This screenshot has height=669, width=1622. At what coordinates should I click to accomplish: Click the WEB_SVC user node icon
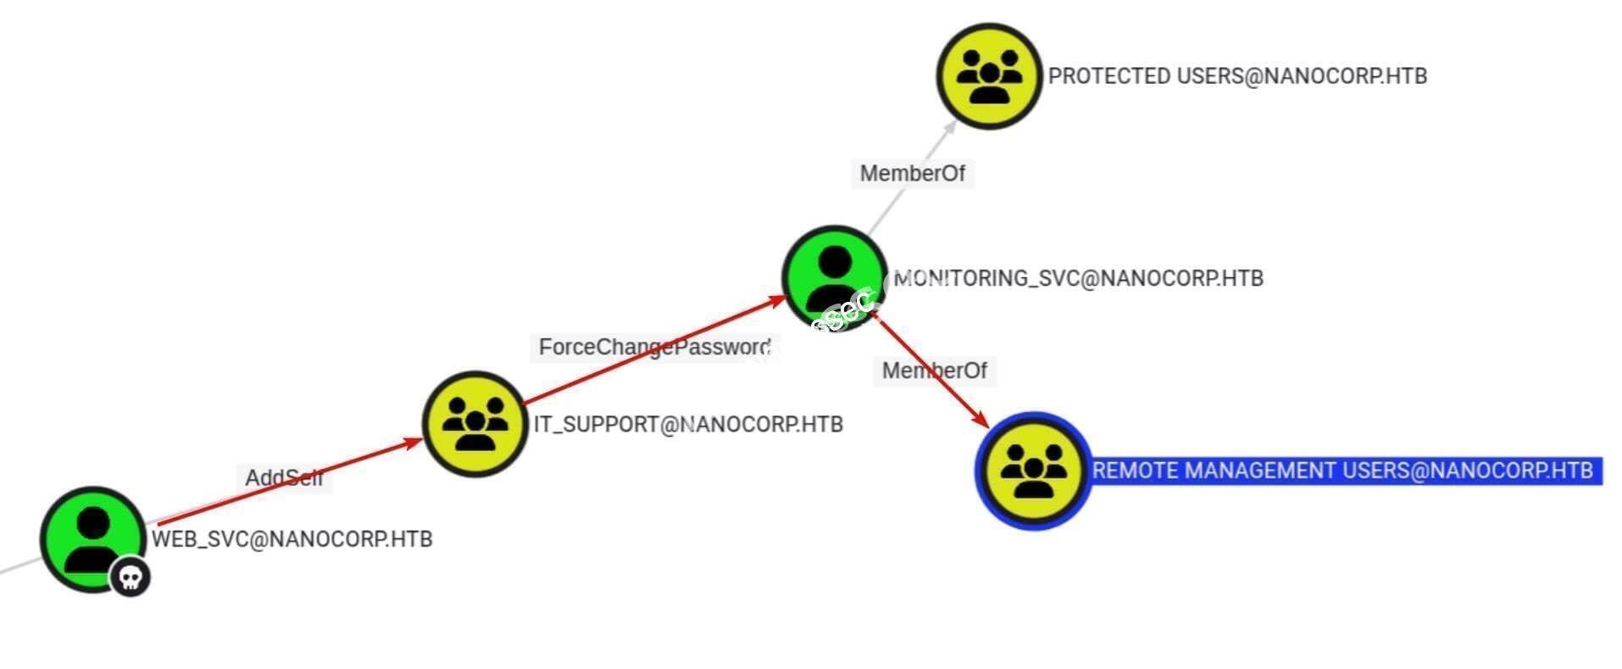coord(92,538)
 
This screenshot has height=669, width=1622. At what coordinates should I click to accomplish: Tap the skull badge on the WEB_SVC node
coord(130,577)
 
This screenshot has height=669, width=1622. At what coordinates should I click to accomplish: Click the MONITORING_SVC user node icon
coord(834,276)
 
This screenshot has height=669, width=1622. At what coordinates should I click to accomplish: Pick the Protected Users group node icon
coord(988,75)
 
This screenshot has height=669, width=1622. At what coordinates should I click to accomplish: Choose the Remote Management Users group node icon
coord(1032,471)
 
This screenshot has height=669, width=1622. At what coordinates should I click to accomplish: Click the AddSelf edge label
coord(284,477)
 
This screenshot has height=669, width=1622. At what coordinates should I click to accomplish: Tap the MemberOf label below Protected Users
coord(912,173)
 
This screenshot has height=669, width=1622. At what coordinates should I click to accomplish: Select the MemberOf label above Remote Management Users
coord(934,371)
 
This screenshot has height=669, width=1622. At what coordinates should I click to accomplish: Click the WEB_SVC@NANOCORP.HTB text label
coord(292,538)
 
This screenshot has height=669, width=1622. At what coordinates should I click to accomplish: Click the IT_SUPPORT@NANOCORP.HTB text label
coord(688,424)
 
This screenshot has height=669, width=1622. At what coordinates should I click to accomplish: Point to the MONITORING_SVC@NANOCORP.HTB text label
coord(1078,278)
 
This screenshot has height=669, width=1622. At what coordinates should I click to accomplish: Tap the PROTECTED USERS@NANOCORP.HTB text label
coord(1237,75)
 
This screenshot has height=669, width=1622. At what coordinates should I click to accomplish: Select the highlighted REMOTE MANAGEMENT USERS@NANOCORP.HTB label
coord(1342,471)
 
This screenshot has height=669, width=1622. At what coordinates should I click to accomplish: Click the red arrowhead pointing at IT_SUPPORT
coord(413,442)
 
